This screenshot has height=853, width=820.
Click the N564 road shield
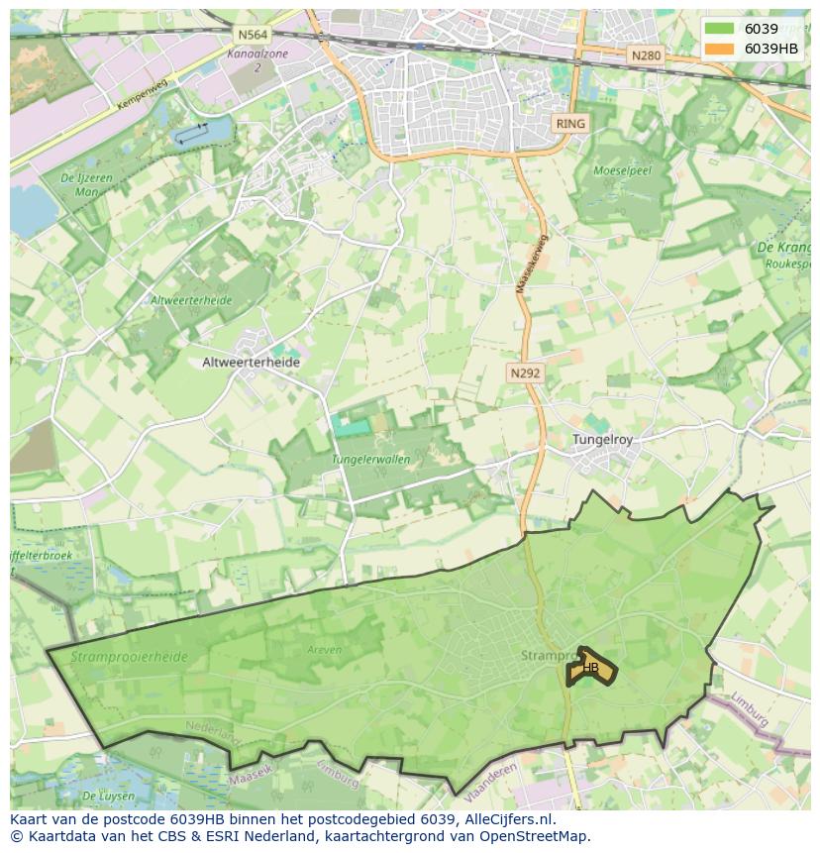tap(250, 34)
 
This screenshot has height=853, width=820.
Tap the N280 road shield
tap(645, 55)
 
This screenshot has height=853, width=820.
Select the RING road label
tap(570, 124)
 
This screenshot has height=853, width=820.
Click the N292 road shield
tap(525, 373)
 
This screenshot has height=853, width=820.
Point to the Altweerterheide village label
tap(251, 363)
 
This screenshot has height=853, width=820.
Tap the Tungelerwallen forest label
tap(370, 460)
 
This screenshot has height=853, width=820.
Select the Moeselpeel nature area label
tap(621, 170)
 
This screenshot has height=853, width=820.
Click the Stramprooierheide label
tap(116, 655)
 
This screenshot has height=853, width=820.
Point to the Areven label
tap(324, 650)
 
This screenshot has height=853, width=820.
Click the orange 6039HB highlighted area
tap(590, 668)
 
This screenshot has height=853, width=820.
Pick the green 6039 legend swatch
tap(720, 29)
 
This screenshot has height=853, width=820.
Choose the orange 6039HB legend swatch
tap(720, 49)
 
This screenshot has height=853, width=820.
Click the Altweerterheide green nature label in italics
tap(190, 300)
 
